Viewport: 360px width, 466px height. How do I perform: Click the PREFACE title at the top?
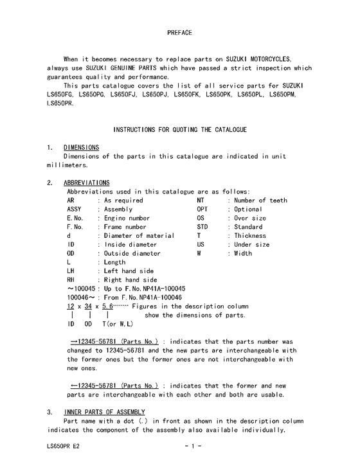click(x=179, y=32)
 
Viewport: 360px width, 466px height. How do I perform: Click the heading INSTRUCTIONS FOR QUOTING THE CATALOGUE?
click(x=180, y=130)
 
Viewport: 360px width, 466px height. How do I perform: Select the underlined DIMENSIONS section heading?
click(x=82, y=147)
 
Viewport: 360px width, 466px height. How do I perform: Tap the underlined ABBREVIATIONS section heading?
click(x=87, y=183)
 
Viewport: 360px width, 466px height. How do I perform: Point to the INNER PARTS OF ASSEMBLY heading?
click(x=105, y=412)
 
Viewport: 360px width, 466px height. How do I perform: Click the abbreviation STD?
click(x=203, y=227)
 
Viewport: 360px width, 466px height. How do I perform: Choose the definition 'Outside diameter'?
click(x=132, y=253)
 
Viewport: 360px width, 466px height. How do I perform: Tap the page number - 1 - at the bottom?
click(x=193, y=445)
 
